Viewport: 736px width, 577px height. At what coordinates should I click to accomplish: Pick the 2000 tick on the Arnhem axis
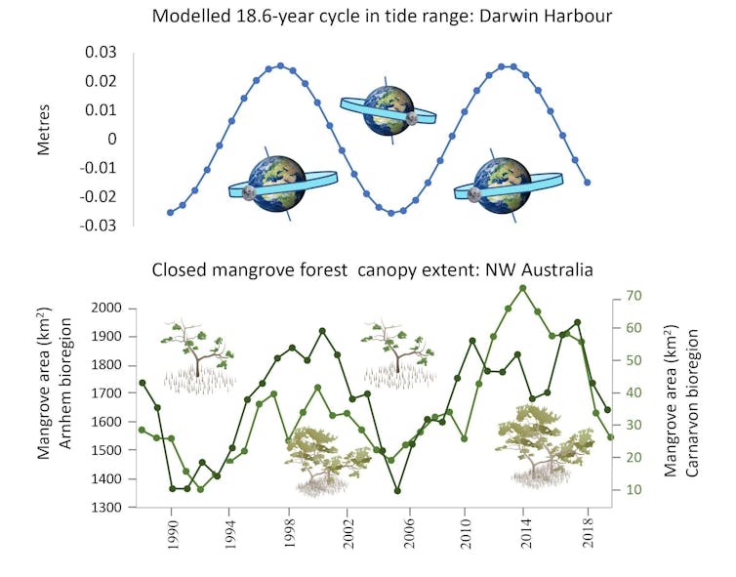tap(102, 309)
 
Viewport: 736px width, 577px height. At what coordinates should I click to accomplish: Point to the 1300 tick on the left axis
tap(102, 508)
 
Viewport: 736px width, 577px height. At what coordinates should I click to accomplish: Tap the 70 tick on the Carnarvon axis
tap(632, 296)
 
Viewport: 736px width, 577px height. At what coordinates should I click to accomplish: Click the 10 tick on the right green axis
tap(632, 489)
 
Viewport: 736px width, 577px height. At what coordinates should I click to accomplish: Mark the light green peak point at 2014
tap(523, 288)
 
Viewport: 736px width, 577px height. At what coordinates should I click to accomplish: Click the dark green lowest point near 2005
tap(397, 490)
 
